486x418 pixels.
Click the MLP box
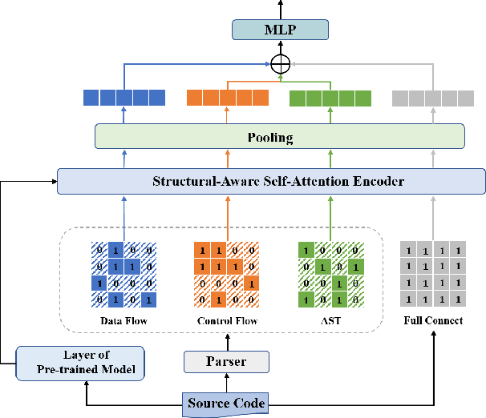click(x=280, y=30)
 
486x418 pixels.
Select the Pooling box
click(x=280, y=137)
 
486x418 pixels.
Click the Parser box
click(x=226, y=363)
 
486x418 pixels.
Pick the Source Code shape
click(x=227, y=402)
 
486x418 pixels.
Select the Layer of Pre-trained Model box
click(x=79, y=362)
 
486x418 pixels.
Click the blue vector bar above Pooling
click(x=124, y=98)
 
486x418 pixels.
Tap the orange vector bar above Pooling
click(x=227, y=98)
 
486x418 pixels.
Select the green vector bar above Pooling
click(x=330, y=98)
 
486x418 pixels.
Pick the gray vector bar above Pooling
click(x=432, y=98)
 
